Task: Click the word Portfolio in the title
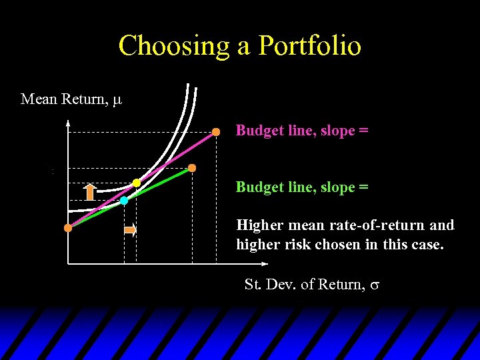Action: pos(310,46)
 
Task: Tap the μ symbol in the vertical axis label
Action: pos(117,100)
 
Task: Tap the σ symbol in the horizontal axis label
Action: pos(375,285)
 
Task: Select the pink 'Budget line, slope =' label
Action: pos(301,131)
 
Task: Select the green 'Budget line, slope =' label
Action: pos(301,187)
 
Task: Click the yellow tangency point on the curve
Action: pos(137,183)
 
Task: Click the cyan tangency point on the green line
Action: pos(124,200)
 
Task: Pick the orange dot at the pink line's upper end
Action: pos(216,132)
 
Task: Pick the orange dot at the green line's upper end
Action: pos(192,168)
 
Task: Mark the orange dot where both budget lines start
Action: pos(68,228)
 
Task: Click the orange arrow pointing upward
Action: pos(89,191)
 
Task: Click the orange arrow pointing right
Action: pos(130,231)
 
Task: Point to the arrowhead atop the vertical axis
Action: pos(68,122)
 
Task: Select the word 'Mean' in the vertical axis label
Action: pos(39,99)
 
